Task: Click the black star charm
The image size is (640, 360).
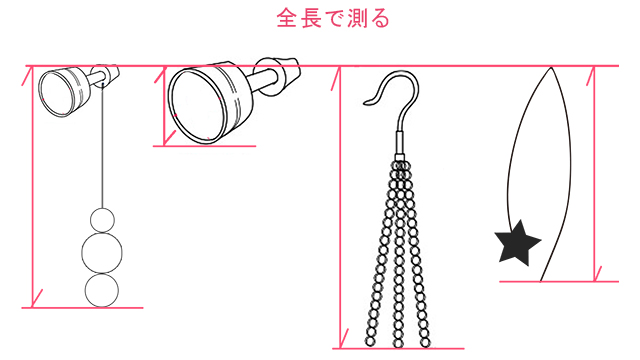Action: point(517,243)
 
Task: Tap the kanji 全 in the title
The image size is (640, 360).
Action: point(287,19)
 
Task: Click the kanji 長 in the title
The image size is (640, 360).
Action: point(311,19)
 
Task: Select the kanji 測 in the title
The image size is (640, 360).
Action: point(357,19)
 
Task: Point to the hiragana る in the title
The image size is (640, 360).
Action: point(380,19)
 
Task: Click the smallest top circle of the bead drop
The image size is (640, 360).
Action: point(102,220)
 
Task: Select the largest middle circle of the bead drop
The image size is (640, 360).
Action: point(102,253)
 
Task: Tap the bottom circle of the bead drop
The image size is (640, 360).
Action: point(102,290)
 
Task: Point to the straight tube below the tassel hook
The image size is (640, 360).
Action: point(400,142)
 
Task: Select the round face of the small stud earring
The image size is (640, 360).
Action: point(57,94)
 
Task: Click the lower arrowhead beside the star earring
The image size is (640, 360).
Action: point(597,275)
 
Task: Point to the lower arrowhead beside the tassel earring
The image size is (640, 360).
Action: point(342,340)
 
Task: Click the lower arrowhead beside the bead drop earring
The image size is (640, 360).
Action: point(36,299)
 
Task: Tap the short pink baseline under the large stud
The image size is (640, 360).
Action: point(204,146)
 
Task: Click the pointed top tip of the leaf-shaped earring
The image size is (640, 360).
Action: point(551,68)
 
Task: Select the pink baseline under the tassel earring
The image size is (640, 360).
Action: point(398,349)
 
